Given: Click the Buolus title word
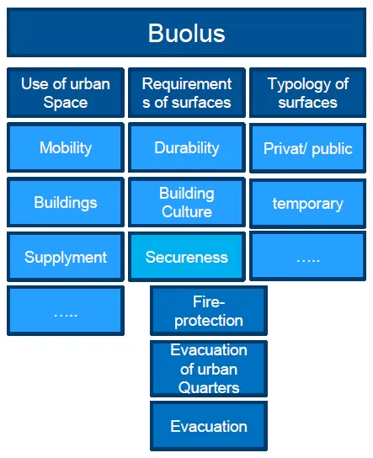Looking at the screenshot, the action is coord(187,34).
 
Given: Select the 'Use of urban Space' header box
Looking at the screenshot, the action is coord(66,93).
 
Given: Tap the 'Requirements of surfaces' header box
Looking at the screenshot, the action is coord(187,93).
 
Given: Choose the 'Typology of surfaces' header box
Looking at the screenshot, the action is coord(307,93).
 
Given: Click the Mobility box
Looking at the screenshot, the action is coord(66,147).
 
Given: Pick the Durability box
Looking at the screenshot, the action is coord(187,147).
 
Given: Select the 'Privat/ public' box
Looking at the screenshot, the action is coord(307,148).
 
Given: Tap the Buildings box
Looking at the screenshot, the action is coord(66,202).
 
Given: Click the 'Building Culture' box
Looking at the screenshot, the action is coord(187,202).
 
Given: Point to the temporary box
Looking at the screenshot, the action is coord(307,203).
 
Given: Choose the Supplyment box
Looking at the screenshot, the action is coord(66,257).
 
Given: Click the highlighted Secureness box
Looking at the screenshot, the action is coord(187,257).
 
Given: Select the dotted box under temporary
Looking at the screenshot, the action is coord(307,256).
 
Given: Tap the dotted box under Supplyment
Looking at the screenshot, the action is coord(66,311).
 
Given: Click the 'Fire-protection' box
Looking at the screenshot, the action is coord(209,311).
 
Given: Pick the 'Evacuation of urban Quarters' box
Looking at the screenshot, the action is coord(209,369).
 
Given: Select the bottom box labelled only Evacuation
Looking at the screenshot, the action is coord(209,426).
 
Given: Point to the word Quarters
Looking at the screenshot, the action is coord(209,388).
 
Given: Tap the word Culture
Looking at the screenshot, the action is coord(187,211).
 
